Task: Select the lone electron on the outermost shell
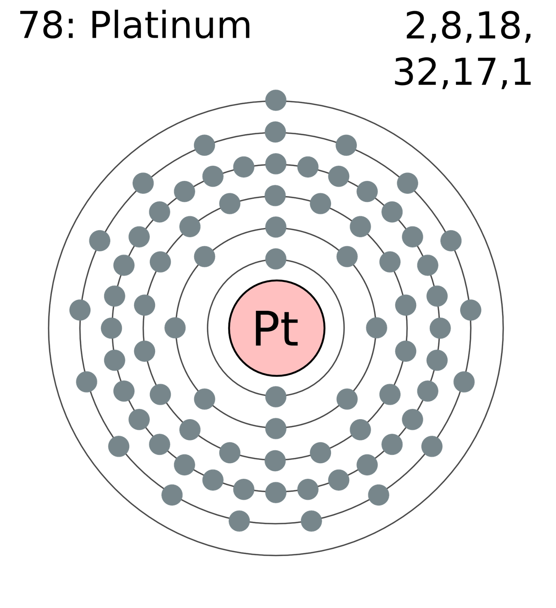click(276, 100)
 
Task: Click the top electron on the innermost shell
click(276, 259)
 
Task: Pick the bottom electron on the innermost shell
click(276, 397)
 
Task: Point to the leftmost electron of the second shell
click(175, 328)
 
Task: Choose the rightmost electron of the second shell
click(377, 328)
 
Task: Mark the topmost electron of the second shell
click(276, 227)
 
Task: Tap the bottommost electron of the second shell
click(276, 429)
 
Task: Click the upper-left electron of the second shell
click(204, 256)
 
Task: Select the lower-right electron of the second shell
click(347, 399)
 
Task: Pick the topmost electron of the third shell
click(276, 196)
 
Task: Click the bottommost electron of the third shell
click(276, 461)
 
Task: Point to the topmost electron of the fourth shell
click(276, 164)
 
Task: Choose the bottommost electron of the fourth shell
click(276, 492)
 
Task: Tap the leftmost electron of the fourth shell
click(111, 328)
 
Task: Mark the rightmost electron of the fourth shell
click(440, 328)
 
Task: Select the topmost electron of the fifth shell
click(276, 132)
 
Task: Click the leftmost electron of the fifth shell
click(80, 310)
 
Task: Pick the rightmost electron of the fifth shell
click(471, 310)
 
